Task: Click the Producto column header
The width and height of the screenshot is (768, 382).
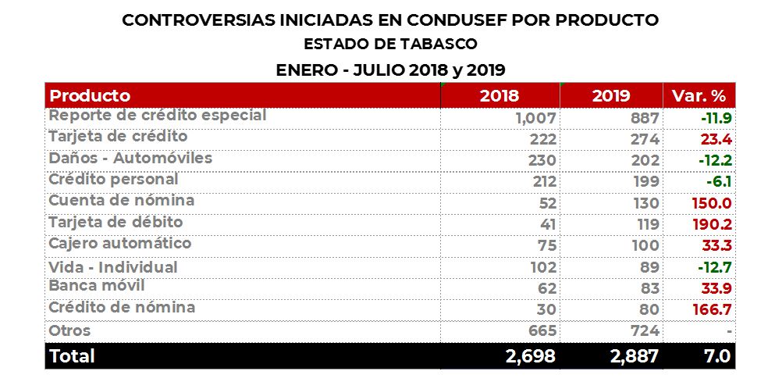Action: [90, 96]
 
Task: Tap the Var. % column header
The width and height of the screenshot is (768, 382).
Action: [699, 96]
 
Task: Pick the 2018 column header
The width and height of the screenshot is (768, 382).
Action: [500, 96]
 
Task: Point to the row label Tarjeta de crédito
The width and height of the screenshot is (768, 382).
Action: [118, 137]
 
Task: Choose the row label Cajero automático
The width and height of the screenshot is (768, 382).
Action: [119, 243]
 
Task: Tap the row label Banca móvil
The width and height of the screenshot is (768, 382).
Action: [97, 286]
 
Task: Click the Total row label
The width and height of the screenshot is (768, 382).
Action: [72, 356]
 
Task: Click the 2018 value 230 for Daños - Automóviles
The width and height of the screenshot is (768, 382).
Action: [541, 160]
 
